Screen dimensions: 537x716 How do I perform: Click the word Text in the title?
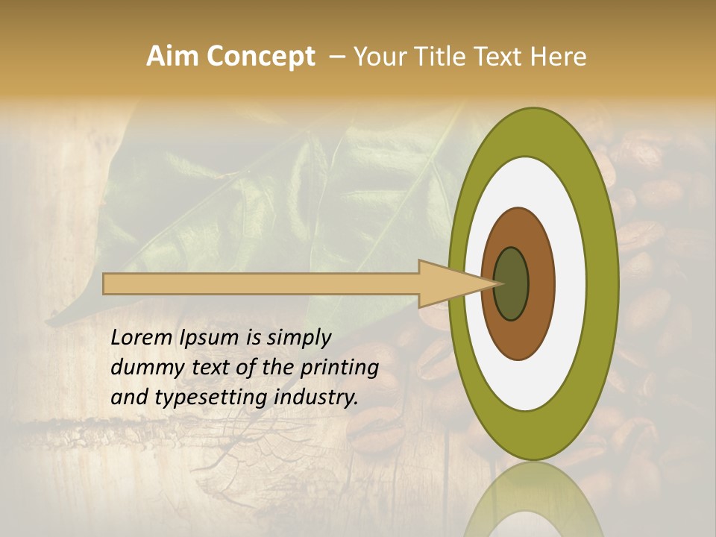click(x=500, y=57)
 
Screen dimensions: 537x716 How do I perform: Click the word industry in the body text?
click(x=316, y=398)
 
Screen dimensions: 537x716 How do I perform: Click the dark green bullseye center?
click(x=512, y=283)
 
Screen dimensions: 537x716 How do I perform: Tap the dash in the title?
click(x=336, y=57)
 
